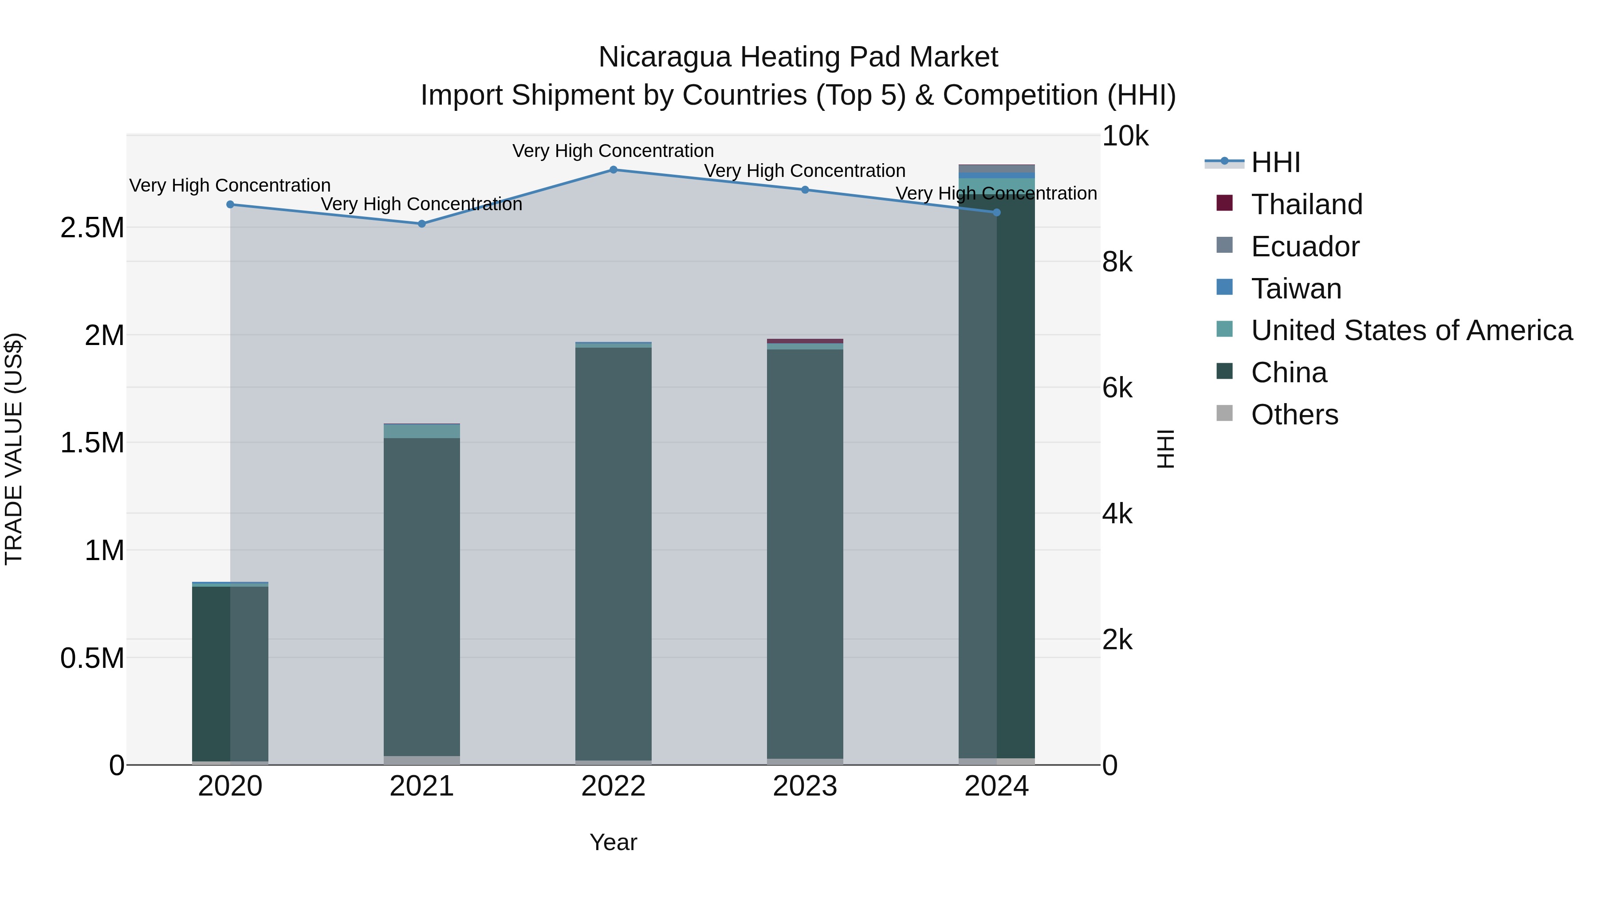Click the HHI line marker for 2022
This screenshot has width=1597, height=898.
click(613, 170)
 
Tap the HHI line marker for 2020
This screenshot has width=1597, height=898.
click(230, 204)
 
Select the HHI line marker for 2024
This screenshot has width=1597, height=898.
click(997, 212)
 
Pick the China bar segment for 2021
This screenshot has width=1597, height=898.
click(421, 595)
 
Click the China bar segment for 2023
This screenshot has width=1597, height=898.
click(805, 552)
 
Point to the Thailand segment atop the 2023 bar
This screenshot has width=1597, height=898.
click(805, 341)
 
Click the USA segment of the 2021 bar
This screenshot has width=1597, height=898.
click(421, 431)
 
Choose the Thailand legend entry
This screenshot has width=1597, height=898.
click(1306, 204)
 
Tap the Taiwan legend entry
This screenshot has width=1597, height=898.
click(1296, 289)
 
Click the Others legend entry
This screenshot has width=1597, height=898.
click(1294, 415)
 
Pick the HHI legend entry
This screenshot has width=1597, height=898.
click(1275, 162)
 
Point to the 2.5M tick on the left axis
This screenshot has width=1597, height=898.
click(92, 228)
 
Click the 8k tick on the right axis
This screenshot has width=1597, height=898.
click(1117, 262)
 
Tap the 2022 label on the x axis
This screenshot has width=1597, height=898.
click(613, 786)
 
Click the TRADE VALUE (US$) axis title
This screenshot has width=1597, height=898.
click(14, 449)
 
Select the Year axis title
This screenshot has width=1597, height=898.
click(613, 842)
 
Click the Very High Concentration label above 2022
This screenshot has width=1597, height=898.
click(613, 151)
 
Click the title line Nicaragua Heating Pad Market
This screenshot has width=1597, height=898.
click(798, 57)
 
